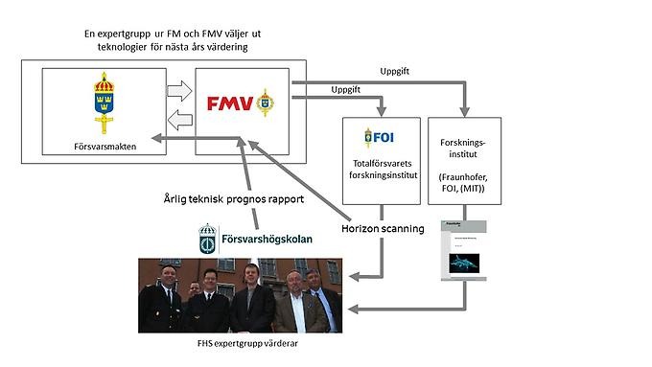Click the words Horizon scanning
tap(383, 230)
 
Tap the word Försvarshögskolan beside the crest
tap(268, 239)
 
